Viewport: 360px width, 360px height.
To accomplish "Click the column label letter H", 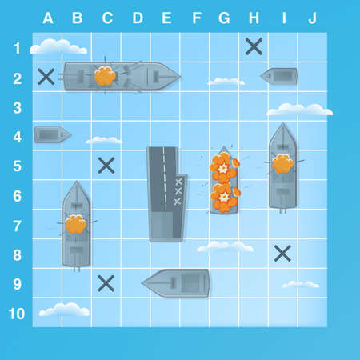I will click(x=254, y=18).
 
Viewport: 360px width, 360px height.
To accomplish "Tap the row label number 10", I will click(x=17, y=313).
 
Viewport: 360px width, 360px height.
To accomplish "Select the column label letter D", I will click(x=136, y=18).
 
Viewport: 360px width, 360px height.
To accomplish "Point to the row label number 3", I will click(x=17, y=107).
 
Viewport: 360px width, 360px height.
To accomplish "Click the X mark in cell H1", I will click(x=254, y=46).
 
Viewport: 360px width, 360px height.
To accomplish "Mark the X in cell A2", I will click(x=46, y=77).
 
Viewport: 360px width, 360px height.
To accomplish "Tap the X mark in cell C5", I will click(x=106, y=166).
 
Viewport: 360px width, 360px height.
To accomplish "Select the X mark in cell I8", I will click(x=282, y=254).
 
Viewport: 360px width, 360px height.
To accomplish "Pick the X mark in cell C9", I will click(x=106, y=283).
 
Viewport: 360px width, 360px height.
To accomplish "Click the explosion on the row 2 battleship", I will click(x=104, y=77).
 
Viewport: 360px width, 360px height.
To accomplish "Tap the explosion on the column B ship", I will click(x=76, y=225).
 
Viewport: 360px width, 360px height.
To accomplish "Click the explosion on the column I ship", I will click(x=282, y=165).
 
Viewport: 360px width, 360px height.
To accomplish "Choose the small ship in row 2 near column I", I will click(x=279, y=77).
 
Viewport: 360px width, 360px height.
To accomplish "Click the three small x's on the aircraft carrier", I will click(x=178, y=191).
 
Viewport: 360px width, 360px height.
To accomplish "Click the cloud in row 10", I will click(x=64, y=309).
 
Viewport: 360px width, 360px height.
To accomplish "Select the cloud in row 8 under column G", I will click(x=225, y=247).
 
